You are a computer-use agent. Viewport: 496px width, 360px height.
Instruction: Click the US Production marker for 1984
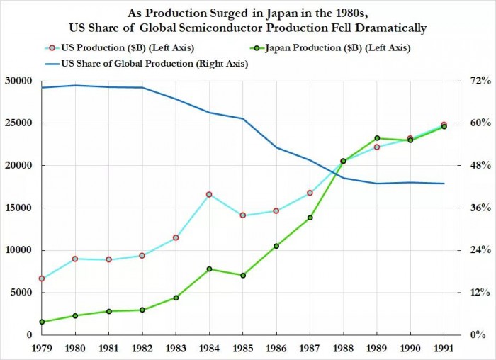click(x=210, y=194)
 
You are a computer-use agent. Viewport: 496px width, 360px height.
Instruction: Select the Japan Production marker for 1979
click(x=42, y=322)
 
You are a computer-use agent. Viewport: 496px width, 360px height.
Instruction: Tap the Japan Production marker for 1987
click(x=310, y=218)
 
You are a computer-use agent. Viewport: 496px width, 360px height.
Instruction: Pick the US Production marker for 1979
click(x=42, y=279)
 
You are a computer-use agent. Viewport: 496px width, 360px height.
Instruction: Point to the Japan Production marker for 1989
click(x=377, y=138)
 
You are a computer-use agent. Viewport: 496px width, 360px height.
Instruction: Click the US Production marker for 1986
click(x=276, y=210)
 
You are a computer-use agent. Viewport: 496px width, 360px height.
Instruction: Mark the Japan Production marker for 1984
click(x=210, y=269)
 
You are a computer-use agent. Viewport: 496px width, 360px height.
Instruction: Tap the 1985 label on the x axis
click(x=243, y=349)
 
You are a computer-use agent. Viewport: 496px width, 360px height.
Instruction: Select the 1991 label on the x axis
click(x=444, y=349)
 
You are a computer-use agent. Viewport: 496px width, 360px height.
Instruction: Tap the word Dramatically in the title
click(x=386, y=28)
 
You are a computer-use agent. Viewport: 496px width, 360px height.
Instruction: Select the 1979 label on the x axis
click(x=42, y=349)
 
